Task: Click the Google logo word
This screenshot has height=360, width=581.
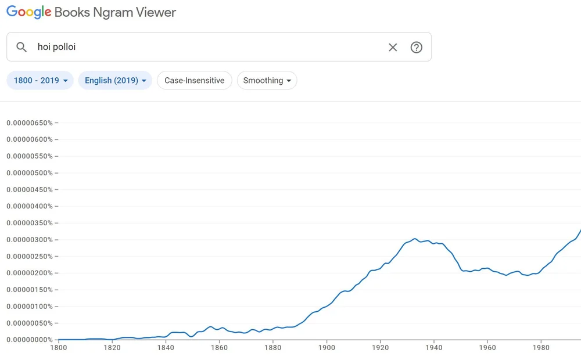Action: (x=29, y=12)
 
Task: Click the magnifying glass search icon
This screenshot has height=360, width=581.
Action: (x=21, y=47)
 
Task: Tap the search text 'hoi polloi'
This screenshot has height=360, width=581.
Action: (x=57, y=47)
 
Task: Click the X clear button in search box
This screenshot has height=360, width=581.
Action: (x=393, y=48)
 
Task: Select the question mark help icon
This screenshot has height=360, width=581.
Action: (x=416, y=48)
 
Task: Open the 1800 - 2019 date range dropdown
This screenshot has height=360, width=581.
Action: (x=40, y=81)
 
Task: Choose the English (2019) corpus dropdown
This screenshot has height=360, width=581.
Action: (x=115, y=81)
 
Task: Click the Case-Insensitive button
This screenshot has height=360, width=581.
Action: (x=194, y=81)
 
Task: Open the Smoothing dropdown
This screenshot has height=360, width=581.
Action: (x=267, y=81)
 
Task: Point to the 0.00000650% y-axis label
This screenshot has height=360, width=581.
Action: (x=29, y=123)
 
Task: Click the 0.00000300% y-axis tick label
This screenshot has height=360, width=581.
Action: (x=29, y=240)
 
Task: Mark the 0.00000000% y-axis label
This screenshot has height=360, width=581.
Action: (x=29, y=340)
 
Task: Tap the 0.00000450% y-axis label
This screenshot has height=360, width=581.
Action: (x=29, y=190)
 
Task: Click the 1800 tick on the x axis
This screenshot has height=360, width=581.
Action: (x=58, y=348)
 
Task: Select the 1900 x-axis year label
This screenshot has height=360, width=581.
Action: (x=327, y=348)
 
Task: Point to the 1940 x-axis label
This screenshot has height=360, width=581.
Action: (x=433, y=348)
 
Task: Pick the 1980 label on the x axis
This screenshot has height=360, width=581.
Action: (x=541, y=348)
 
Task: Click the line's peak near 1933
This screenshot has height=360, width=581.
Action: (x=415, y=239)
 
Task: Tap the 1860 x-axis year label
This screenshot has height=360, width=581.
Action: (x=219, y=348)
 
